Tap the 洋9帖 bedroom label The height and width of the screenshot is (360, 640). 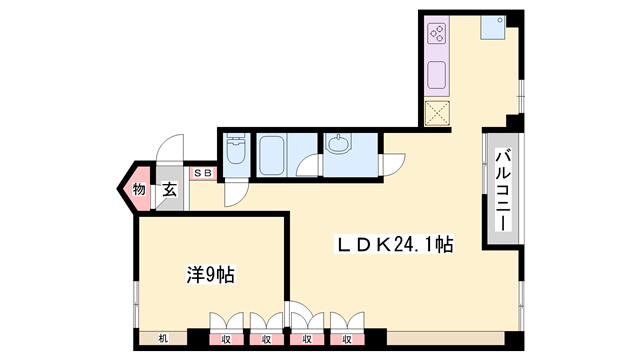pos(209,273)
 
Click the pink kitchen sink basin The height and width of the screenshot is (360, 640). pos(437,73)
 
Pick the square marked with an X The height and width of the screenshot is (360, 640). pos(437,112)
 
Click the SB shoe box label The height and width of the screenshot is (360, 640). pos(203,174)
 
